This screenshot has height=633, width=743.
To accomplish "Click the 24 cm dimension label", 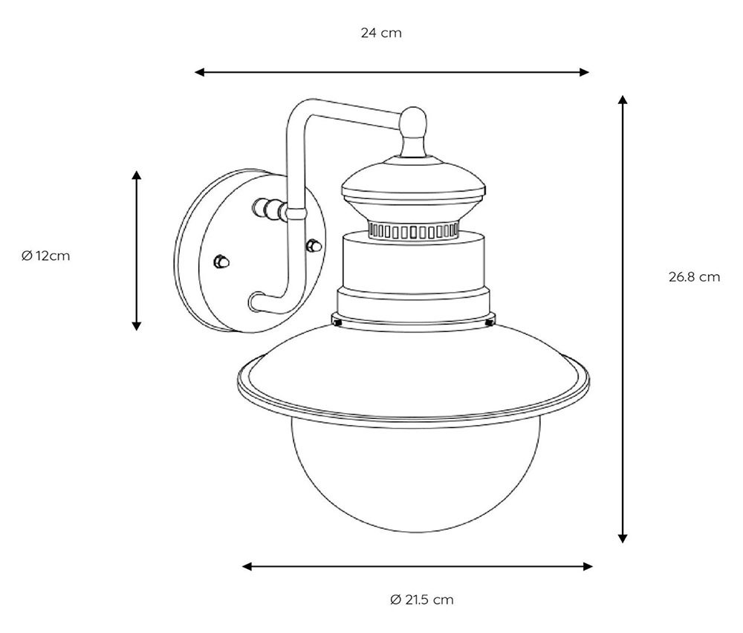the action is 381,33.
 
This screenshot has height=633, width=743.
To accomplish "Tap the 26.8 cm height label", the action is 694,276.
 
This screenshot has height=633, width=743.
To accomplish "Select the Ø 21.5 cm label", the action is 421,600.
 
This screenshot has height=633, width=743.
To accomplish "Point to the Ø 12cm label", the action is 45,256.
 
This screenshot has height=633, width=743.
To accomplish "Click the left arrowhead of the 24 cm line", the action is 199,72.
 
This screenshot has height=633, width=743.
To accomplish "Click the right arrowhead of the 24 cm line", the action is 584,72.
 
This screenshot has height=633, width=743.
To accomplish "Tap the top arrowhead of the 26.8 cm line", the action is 623,100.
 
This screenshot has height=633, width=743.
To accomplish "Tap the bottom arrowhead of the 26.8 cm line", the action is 623,538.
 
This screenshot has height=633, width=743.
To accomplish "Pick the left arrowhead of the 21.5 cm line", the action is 247,566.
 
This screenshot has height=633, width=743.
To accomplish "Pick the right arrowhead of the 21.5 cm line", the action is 588,566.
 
